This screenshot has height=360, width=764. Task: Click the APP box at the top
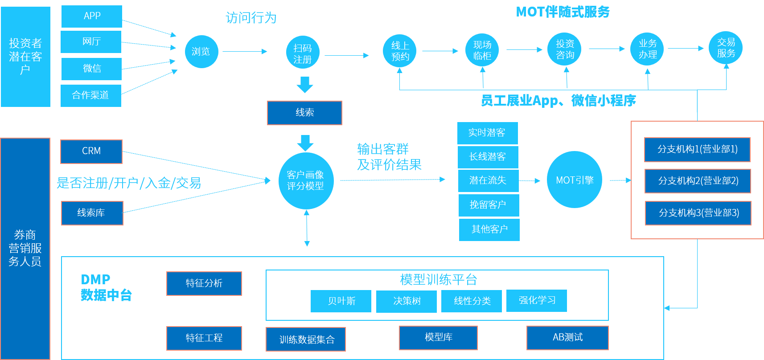(91, 16)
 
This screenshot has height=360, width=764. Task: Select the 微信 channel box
(91, 69)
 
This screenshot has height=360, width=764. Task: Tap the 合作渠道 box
(91, 95)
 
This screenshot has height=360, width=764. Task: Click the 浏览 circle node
(201, 52)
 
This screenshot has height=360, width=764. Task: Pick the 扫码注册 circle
(303, 53)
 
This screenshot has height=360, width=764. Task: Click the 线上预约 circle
(400, 51)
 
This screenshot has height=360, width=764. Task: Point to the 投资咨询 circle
(565, 49)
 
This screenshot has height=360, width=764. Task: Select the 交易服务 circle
(726, 48)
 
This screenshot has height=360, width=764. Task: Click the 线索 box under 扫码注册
(304, 113)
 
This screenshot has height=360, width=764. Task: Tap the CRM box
(91, 151)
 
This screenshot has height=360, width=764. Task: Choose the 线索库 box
(92, 213)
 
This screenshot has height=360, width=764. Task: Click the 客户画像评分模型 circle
(305, 180)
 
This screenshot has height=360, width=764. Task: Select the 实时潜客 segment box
(487, 133)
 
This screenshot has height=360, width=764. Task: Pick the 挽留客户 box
(489, 205)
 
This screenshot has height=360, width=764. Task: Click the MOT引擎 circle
(575, 180)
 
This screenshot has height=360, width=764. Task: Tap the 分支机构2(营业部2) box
(698, 181)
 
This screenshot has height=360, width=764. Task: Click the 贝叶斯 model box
(341, 301)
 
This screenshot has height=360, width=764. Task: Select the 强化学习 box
(537, 301)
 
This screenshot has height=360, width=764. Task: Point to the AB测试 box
(567, 338)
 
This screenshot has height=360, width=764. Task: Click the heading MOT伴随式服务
(563, 12)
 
